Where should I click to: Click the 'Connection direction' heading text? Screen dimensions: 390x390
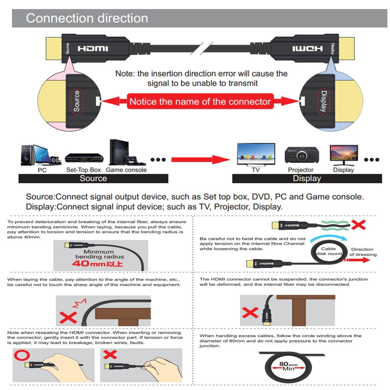pyautogui.click(x=87, y=18)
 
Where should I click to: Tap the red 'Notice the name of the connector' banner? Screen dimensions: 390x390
pyautogui.click(x=200, y=101)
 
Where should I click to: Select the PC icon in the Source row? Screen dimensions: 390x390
pyautogui.click(x=40, y=155)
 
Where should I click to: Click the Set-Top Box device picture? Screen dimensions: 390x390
pyautogui.click(x=84, y=158)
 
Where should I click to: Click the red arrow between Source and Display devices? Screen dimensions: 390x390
pyautogui.click(x=200, y=159)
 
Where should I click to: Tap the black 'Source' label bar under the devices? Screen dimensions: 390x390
pyautogui.click(x=93, y=178)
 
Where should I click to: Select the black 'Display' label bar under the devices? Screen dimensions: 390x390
pyautogui.click(x=307, y=178)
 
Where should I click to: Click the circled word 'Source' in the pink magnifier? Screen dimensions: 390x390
pyautogui.click(x=77, y=101)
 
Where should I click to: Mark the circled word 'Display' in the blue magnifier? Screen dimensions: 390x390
pyautogui.click(x=323, y=101)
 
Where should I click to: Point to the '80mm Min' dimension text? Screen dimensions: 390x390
pyautogui.click(x=288, y=366)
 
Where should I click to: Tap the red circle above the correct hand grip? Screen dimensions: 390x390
pyautogui.click(x=22, y=355)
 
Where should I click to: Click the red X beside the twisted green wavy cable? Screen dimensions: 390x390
pyautogui.click(x=358, y=225)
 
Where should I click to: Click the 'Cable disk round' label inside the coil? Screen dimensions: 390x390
pyautogui.click(x=329, y=251)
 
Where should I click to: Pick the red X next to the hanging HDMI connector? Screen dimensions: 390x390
pyautogui.click(x=250, y=312)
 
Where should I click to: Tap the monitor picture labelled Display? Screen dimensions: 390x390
pyautogui.click(x=344, y=155)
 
